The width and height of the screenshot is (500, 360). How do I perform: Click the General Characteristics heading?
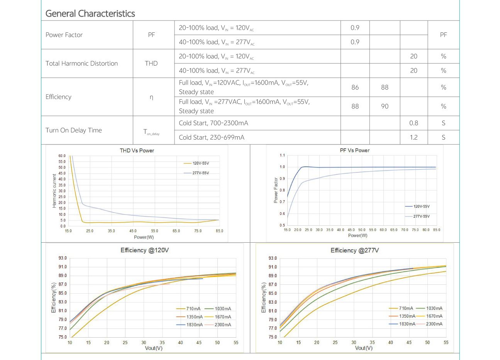click(x=90, y=14)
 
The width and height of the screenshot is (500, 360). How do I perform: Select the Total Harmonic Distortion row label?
click(x=81, y=63)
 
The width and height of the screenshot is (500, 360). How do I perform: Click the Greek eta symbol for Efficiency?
click(x=151, y=97)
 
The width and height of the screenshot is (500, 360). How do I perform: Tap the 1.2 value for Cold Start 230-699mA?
click(x=414, y=137)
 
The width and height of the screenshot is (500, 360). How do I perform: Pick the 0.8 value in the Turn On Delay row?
click(x=414, y=123)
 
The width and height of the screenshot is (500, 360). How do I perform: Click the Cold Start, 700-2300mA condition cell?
click(x=213, y=123)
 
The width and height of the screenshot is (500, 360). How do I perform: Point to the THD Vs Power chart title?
click(x=137, y=150)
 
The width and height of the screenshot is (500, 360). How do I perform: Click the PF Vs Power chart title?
click(x=354, y=150)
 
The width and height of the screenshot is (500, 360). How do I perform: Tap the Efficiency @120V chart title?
click(x=144, y=250)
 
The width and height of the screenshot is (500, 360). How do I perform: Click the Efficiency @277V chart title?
click(x=354, y=250)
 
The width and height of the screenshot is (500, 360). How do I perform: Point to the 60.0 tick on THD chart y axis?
click(x=62, y=156)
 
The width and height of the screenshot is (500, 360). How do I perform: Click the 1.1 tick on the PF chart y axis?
click(x=282, y=155)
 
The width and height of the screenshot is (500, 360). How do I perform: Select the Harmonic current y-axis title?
click(x=54, y=191)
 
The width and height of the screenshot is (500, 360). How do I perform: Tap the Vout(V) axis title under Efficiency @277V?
click(x=364, y=348)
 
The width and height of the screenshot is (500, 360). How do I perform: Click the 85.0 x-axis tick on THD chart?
click(x=219, y=231)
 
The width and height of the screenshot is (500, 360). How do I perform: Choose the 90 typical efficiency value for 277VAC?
click(x=385, y=106)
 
